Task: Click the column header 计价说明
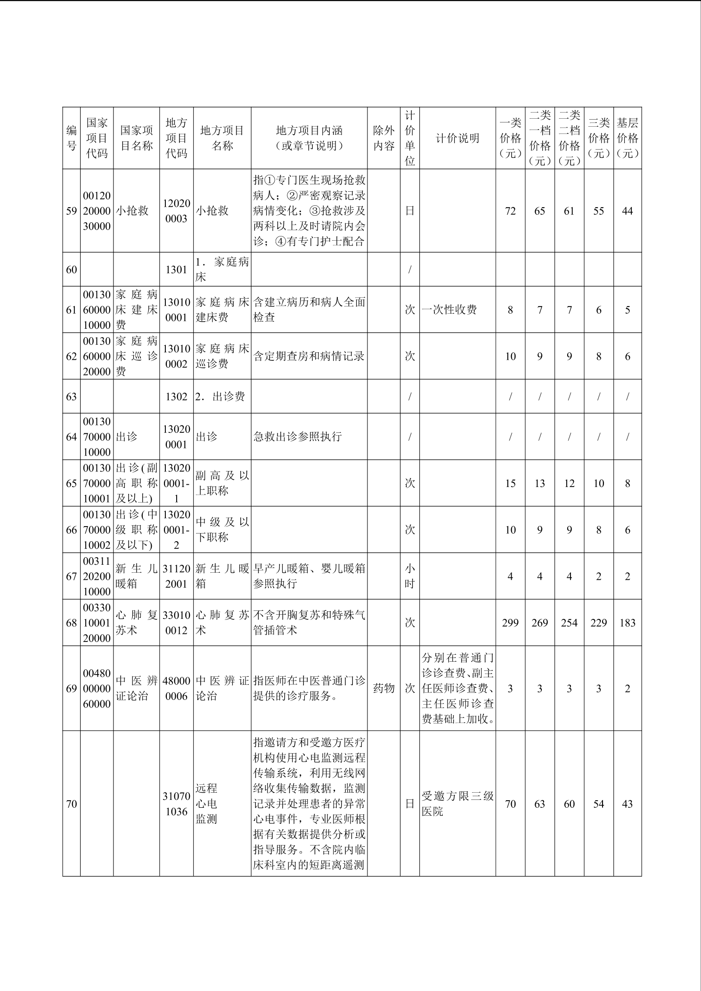(457, 138)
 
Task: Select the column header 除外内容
(383, 138)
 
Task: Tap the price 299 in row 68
(510, 623)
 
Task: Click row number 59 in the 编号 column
(71, 211)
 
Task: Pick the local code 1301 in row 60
(176, 269)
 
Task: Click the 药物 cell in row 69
(383, 688)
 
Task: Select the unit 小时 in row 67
(409, 576)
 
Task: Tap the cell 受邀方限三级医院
(457, 804)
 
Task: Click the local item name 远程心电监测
(207, 804)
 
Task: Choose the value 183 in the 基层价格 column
(627, 623)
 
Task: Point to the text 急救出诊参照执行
(297, 437)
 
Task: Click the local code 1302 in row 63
(176, 397)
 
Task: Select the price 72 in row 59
(510, 211)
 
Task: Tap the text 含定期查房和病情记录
(309, 357)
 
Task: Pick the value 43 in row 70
(627, 804)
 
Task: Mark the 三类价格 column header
(598, 138)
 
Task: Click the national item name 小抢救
(132, 211)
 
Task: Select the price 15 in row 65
(510, 483)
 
